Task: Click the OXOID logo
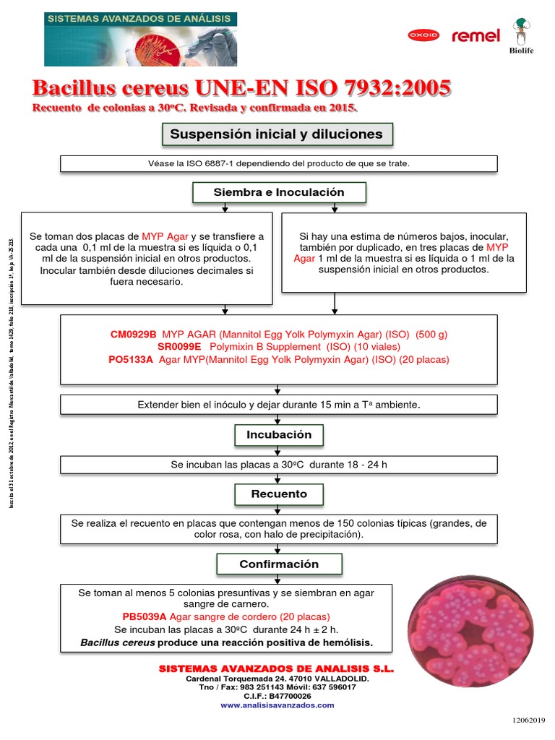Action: point(423,35)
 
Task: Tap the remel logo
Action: point(476,35)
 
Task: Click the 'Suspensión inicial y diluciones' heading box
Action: point(276,134)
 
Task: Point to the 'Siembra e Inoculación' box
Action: point(279,192)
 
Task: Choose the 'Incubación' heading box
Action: point(279,435)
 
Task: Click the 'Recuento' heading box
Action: point(279,494)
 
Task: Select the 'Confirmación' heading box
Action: point(279,564)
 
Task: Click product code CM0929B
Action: point(133,335)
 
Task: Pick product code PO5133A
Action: point(131,359)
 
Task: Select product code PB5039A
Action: point(145,616)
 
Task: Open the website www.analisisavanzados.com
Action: point(277,704)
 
